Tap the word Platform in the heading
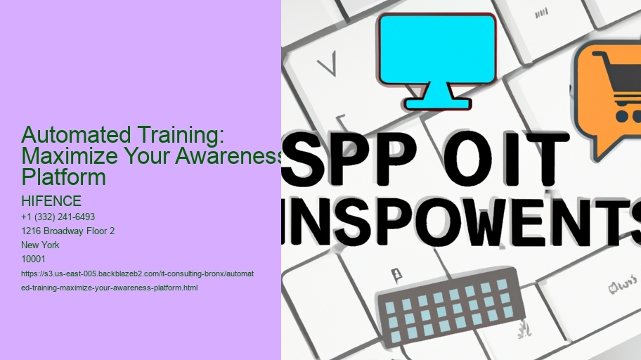tap(64, 176)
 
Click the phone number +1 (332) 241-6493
tap(59, 217)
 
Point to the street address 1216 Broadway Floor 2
tap(68, 231)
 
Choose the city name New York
tap(41, 245)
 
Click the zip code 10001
tap(33, 259)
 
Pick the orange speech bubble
tap(606, 98)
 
